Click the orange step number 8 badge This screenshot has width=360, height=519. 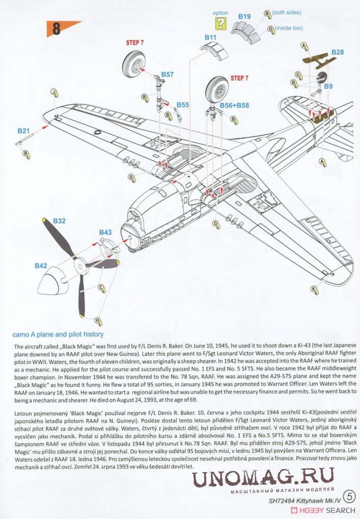pyautogui.click(x=56, y=29)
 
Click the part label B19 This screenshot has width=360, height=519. pyautogui.click(x=244, y=17)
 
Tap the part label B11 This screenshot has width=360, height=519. pyautogui.click(x=210, y=37)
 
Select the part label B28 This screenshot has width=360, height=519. pyautogui.click(x=338, y=52)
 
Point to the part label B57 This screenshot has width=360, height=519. pyautogui.click(x=168, y=75)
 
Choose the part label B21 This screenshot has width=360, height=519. pyautogui.click(x=23, y=131)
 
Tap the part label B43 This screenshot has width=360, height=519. pyautogui.click(x=105, y=232)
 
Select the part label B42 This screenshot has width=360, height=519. pyautogui.click(x=41, y=266)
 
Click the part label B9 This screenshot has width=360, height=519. pyautogui.click(x=328, y=86)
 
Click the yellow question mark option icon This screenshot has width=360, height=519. pyautogui.click(x=220, y=23)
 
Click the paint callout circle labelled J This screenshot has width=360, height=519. pyautogui.click(x=52, y=92)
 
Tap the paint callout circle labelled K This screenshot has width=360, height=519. pyautogui.click(x=314, y=289)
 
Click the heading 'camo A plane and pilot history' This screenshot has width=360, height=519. pyautogui.click(x=58, y=334)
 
